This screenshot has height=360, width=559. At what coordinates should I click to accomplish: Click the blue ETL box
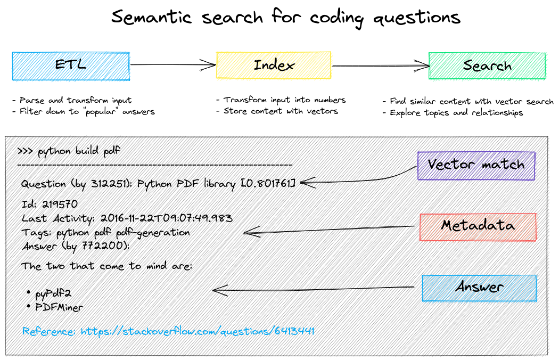click(71, 66)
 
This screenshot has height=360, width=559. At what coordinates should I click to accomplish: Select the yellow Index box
click(274, 66)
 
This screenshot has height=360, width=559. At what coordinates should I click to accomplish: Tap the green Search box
click(487, 66)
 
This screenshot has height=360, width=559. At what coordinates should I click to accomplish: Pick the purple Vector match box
click(476, 166)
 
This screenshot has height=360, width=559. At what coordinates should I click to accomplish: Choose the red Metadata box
click(478, 227)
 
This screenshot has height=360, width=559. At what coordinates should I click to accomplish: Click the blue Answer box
click(479, 288)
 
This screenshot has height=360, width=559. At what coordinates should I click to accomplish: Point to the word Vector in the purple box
click(451, 165)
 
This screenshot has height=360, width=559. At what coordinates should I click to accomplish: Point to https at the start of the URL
click(94, 331)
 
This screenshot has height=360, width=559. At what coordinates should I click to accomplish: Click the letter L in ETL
click(81, 65)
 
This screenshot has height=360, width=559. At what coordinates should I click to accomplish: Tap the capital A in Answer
click(460, 288)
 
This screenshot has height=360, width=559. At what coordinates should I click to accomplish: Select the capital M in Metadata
click(448, 226)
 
